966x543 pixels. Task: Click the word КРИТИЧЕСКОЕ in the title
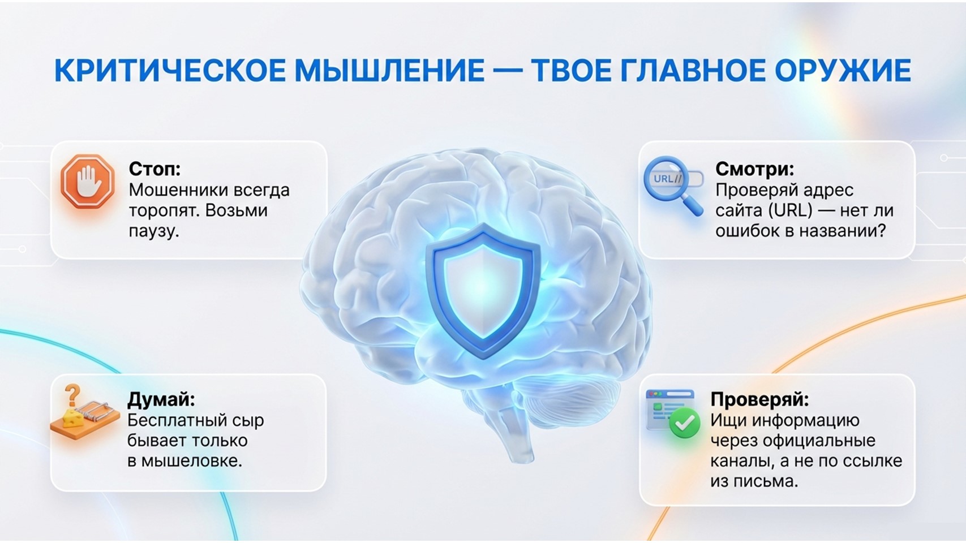(x=169, y=70)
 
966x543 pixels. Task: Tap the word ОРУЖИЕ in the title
(x=843, y=70)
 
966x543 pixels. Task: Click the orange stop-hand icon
(x=88, y=182)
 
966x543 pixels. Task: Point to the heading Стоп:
(x=155, y=169)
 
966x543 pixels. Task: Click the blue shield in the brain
(x=483, y=291)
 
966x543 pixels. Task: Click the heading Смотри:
(x=755, y=169)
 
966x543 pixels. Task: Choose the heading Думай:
(x=161, y=399)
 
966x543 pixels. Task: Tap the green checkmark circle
(x=684, y=423)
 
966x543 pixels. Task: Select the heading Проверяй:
(x=759, y=399)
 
